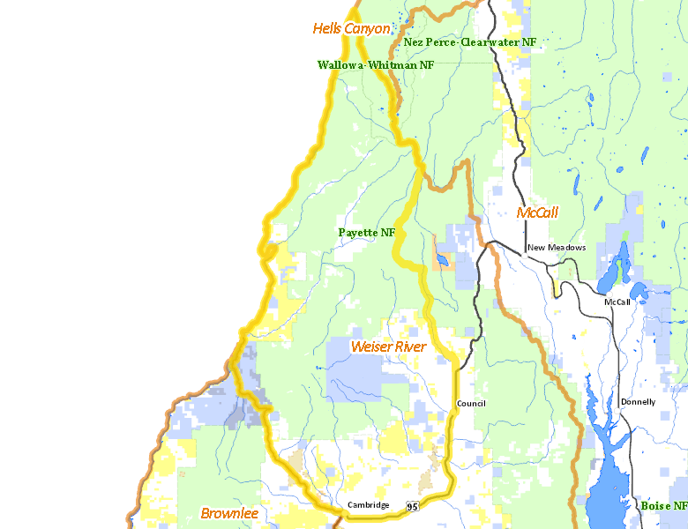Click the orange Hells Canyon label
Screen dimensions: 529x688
coord(351,29)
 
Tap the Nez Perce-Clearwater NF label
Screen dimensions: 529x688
coord(469,41)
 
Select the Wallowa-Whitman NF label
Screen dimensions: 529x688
coord(376,64)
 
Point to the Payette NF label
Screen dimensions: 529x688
coord(366,232)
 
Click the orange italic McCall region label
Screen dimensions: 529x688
coord(537,213)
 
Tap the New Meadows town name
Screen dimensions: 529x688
coord(557,248)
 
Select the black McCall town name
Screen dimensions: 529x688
coord(617,302)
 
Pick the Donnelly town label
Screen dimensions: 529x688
coord(638,402)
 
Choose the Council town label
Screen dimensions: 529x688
coord(471,404)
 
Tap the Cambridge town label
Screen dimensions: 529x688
coord(368,505)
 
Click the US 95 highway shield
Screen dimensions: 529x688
coord(413,506)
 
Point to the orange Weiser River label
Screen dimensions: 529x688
coord(388,346)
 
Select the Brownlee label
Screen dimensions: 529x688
coord(228,513)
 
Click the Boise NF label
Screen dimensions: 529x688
coord(663,506)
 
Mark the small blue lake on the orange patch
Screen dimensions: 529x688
coord(438,259)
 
